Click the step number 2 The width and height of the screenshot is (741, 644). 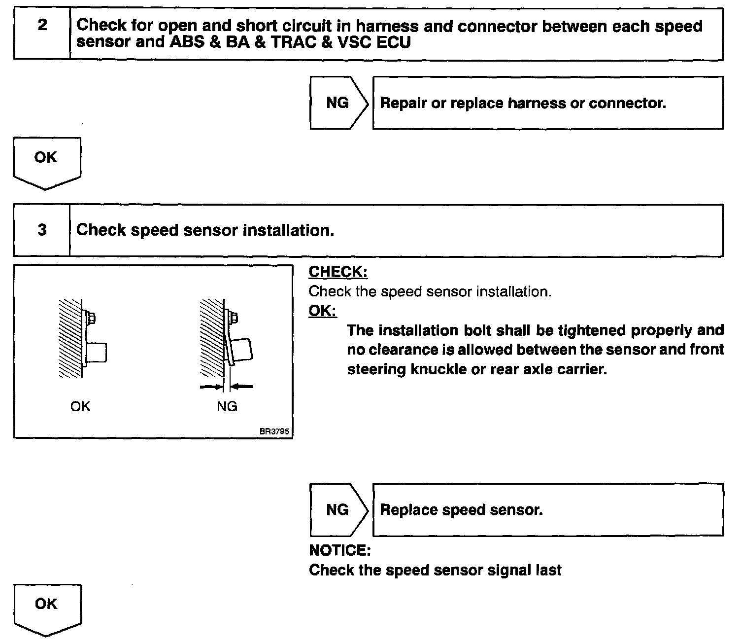point(42,26)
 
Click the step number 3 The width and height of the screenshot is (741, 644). point(42,230)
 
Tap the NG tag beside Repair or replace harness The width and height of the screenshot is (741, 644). point(337,103)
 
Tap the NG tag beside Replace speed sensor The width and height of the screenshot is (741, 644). point(337,509)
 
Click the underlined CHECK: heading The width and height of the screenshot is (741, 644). point(338,272)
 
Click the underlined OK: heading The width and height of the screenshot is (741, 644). point(323,311)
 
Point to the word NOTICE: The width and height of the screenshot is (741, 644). point(339,550)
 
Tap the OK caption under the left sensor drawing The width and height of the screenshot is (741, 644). point(80,406)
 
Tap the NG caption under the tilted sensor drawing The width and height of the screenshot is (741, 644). point(227,406)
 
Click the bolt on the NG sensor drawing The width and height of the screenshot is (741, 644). point(234,317)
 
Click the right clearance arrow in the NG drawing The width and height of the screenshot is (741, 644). point(244,387)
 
